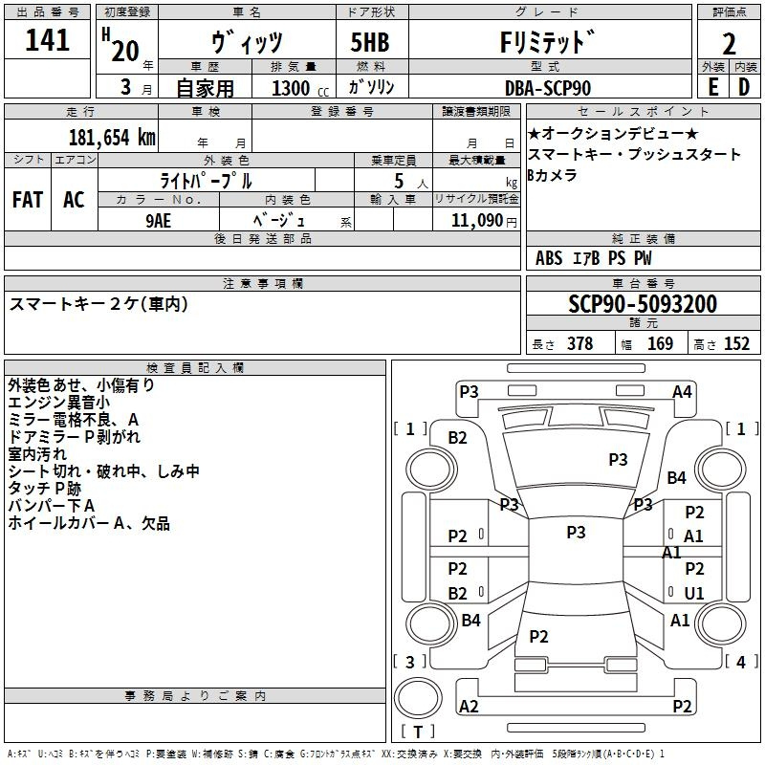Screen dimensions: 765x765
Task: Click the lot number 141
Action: coord(47,41)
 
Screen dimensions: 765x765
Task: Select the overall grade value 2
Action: coord(729,43)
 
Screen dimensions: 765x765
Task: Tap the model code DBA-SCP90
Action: coord(547,88)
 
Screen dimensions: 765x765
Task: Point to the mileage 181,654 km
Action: coord(111,137)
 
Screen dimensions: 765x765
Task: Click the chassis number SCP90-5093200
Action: coord(642,305)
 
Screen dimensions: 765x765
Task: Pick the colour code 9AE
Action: coord(159,219)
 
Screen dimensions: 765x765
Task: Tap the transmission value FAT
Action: coord(27,200)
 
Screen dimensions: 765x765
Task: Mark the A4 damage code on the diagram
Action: coord(682,391)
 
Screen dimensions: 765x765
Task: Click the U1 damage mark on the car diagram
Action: coord(694,594)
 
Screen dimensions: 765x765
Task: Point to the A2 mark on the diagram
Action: coord(469,707)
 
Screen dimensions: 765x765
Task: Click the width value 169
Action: coord(660,344)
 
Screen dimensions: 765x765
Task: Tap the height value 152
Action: coord(736,344)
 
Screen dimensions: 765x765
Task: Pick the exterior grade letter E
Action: coord(712,88)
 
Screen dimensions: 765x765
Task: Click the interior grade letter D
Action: coord(744,88)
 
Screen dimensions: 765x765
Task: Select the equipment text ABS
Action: coord(549,258)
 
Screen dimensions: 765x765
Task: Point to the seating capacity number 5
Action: coord(397,181)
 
